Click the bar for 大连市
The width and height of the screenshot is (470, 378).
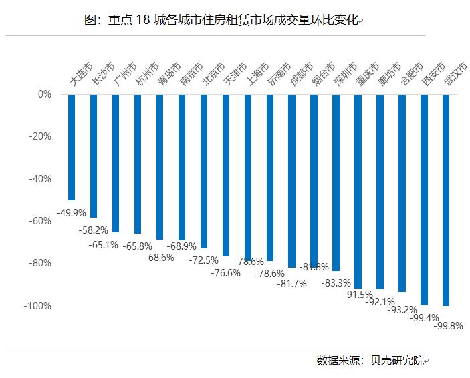tap(72, 147)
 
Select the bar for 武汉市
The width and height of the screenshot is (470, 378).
tap(446, 200)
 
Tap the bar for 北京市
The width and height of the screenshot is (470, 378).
tap(204, 171)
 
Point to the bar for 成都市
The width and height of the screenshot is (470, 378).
tap(292, 180)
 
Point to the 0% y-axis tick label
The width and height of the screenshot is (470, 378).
tap(45, 95)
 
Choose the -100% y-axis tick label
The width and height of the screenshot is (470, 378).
tap(38, 306)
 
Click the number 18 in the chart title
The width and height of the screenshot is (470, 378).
tap(145, 21)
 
